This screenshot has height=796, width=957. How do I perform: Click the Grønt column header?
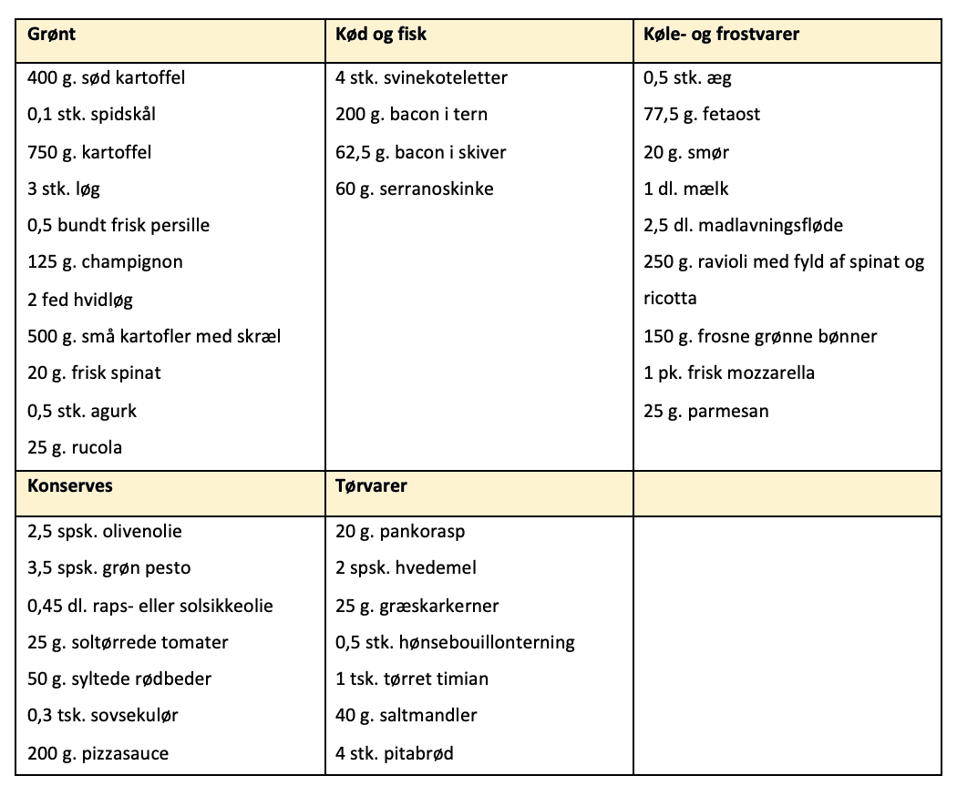point(51,35)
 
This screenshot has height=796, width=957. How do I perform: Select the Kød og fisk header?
point(381,35)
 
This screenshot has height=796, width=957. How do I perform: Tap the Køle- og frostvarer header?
point(721,35)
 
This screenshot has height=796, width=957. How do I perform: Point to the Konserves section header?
point(70,485)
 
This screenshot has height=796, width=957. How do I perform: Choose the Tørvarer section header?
point(371,485)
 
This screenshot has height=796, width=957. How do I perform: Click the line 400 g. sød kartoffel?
point(107,77)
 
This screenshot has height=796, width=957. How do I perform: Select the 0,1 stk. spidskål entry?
point(98,115)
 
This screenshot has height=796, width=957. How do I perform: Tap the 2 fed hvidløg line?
point(80,300)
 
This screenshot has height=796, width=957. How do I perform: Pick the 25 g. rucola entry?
point(75,447)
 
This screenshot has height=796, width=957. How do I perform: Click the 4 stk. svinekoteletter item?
point(421,77)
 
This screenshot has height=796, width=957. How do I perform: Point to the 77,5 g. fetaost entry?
point(702,115)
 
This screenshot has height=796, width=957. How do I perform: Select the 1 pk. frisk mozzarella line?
point(729,373)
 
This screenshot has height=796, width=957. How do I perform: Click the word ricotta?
point(670,299)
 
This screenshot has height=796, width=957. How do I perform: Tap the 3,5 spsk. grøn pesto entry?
point(109,568)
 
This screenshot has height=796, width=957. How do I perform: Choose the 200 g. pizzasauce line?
point(98,753)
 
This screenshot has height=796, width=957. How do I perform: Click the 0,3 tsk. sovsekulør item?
point(103,716)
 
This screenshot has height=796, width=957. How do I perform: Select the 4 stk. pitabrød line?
point(395,753)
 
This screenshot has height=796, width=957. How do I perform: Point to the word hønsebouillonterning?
point(485,642)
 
